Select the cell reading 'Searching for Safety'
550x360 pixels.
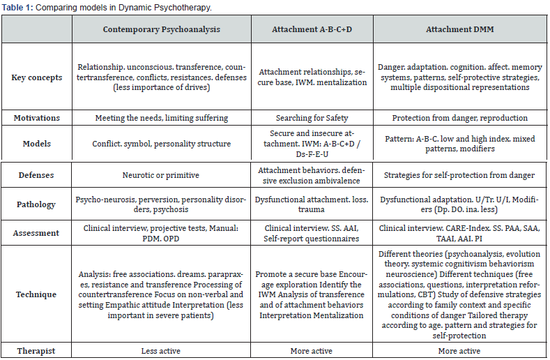310,118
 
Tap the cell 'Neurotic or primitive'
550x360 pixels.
162,176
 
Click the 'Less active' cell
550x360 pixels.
162,350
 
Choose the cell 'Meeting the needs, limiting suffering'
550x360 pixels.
162,118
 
